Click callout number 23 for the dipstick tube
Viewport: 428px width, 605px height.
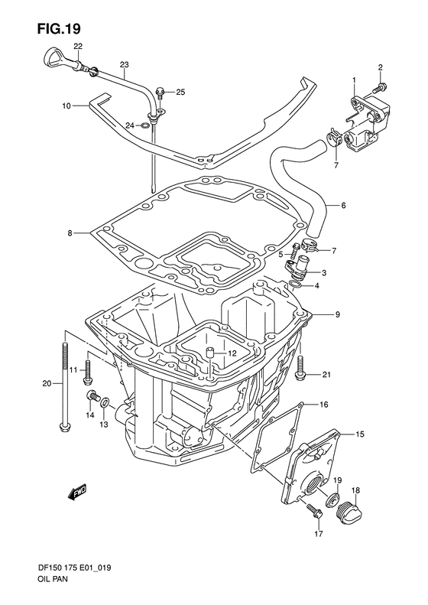[125, 64]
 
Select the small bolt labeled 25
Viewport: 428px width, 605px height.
[160, 93]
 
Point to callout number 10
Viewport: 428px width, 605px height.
[66, 106]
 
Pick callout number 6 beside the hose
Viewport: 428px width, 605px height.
[343, 205]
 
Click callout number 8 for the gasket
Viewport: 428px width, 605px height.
[70, 233]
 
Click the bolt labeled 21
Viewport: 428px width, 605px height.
[300, 370]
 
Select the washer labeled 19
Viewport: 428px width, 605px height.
[333, 499]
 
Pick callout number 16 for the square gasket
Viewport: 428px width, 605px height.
[323, 404]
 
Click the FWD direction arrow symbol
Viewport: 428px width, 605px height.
[77, 493]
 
